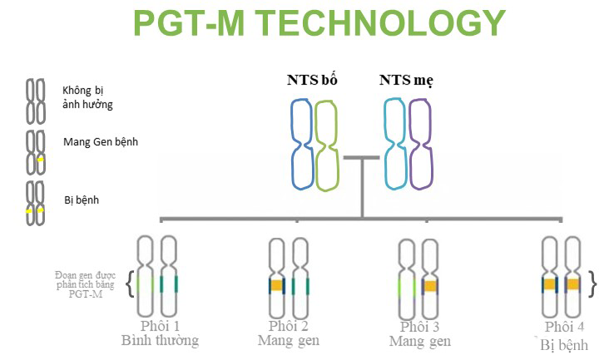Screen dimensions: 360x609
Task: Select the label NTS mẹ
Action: coord(406,81)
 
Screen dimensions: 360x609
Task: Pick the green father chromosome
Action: coord(327,142)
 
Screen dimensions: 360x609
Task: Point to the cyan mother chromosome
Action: coord(395,142)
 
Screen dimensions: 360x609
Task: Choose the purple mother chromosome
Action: coord(421,142)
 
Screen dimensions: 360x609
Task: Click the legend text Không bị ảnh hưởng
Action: coord(87,97)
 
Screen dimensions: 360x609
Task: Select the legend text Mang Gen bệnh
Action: coord(100,142)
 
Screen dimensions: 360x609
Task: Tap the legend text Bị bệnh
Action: coord(81,200)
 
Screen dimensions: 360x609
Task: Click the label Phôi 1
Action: coord(159,326)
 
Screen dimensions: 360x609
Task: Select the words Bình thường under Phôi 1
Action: coord(160,341)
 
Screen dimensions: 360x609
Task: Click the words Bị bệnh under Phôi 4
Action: coord(564,343)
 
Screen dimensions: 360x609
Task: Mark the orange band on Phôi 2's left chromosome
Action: coord(277,286)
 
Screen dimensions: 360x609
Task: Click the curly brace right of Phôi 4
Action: coord(592,284)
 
